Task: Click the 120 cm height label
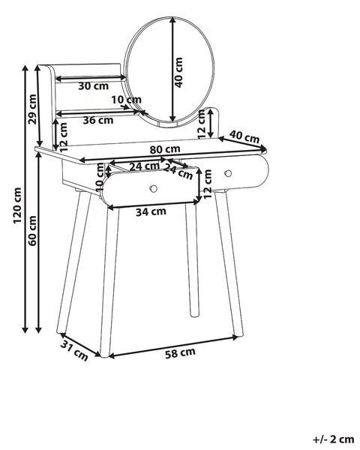[x=17, y=205]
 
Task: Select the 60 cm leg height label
[x=32, y=230]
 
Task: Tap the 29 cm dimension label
[x=32, y=109]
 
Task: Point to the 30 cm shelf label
[x=94, y=85]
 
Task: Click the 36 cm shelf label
[x=98, y=120]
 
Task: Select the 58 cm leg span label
[x=180, y=353]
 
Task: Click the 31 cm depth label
[x=74, y=351]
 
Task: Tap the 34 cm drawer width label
[x=151, y=211]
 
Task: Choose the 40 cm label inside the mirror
[x=178, y=73]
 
